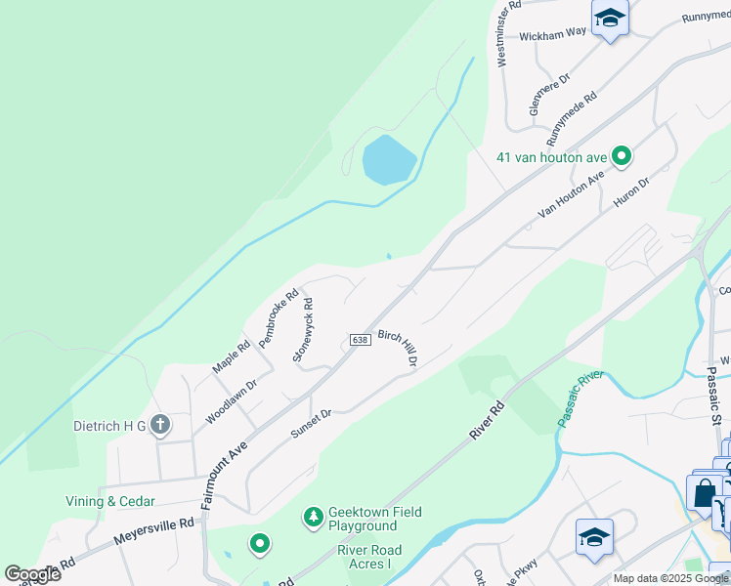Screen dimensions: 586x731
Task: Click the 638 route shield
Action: (x=359, y=340)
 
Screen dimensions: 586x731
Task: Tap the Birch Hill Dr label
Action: (x=399, y=347)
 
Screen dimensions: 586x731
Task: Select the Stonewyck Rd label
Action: (x=302, y=330)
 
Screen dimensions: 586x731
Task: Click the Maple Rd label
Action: (x=232, y=356)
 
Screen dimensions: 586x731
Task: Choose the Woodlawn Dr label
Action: (x=231, y=401)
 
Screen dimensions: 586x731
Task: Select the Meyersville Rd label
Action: (x=154, y=531)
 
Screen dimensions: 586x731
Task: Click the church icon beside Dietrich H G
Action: (x=161, y=425)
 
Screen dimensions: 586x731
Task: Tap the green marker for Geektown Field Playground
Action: (x=314, y=515)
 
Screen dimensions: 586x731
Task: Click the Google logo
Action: (x=32, y=574)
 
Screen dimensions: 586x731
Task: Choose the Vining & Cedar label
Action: (x=98, y=501)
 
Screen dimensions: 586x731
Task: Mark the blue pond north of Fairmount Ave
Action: (x=388, y=159)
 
